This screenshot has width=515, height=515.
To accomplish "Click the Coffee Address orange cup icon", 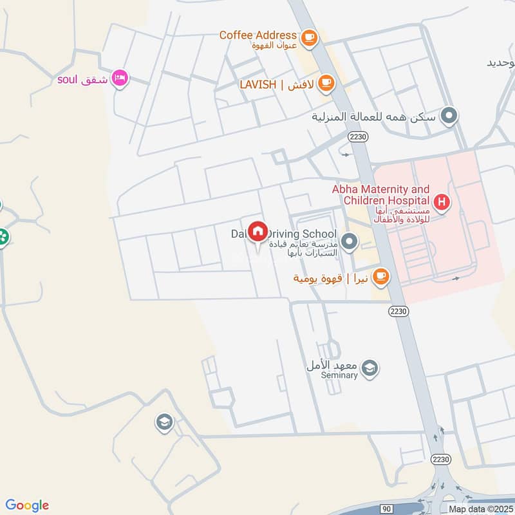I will click(310, 37).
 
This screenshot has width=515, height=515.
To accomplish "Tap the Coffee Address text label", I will click(258, 35).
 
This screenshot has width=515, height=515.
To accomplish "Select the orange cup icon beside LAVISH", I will click(326, 82).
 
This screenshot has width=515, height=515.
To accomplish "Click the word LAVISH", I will click(258, 84).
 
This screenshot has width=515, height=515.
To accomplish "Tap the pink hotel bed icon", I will click(119, 79).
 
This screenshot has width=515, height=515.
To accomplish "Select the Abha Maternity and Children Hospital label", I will click(380, 196).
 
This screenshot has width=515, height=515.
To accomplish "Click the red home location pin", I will click(258, 232).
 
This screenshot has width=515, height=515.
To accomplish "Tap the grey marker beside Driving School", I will click(349, 242).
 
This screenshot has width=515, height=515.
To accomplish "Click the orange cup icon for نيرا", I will click(381, 276).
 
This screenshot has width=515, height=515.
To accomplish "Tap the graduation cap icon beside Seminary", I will click(370, 368).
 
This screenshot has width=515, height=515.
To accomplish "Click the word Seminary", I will click(340, 375).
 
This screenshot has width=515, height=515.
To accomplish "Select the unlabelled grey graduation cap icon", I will click(164, 422).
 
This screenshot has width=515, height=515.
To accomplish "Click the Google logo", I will click(27, 505).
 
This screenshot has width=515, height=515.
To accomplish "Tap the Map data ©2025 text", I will click(480, 509).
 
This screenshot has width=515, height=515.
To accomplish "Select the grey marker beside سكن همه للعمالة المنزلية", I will click(450, 117).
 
